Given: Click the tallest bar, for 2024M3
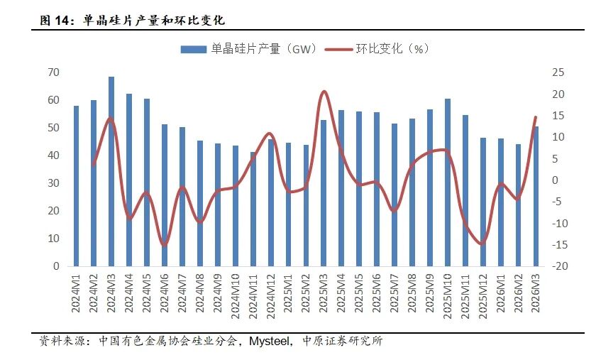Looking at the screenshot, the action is (x=111, y=171).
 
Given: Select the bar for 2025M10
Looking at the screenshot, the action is (x=448, y=182).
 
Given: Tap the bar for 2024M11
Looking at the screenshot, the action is (x=253, y=209).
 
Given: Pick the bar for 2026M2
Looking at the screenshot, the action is (x=519, y=205).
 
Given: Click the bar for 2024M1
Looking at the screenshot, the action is (x=76, y=186).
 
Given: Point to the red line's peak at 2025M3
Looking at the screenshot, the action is (x=324, y=92).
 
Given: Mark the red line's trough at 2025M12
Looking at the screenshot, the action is (x=482, y=244).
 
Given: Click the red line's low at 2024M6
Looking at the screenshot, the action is (x=165, y=245).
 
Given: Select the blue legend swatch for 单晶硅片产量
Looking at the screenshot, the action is (x=194, y=50).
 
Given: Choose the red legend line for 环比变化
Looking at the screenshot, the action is (x=338, y=49).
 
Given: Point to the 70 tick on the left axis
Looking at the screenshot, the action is (x=54, y=72).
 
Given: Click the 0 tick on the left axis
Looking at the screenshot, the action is (x=56, y=266).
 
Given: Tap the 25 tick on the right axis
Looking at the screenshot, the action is (x=558, y=72).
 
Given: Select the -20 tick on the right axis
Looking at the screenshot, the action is (x=560, y=266).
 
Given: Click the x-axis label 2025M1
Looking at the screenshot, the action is (x=289, y=293).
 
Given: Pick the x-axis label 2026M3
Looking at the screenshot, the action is (x=536, y=293).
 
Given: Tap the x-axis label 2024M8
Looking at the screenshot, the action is (x=200, y=293).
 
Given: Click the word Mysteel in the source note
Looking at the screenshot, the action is (x=269, y=342).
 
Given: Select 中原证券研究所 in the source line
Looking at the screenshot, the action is (x=342, y=341).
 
